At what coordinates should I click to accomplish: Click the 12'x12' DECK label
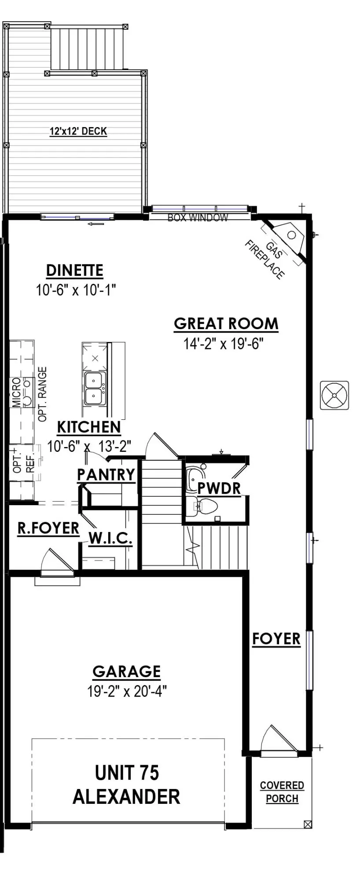pyautogui.click(x=78, y=131)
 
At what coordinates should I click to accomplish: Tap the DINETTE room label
pyautogui.click(x=75, y=270)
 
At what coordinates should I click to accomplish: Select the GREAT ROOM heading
pyautogui.click(x=226, y=324)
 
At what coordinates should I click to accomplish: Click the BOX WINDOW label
pyautogui.click(x=198, y=217)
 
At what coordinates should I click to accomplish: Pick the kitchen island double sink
pyautogui.click(x=95, y=388)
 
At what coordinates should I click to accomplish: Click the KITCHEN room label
pyautogui.click(x=89, y=427)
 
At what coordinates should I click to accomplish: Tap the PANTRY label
pyautogui.click(x=106, y=475)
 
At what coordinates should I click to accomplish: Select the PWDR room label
pyautogui.click(x=219, y=488)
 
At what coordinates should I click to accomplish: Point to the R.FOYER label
pyautogui.click(x=48, y=528)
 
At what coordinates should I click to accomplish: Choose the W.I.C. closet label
pyautogui.click(x=110, y=538)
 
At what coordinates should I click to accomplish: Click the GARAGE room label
pyautogui.click(x=127, y=671)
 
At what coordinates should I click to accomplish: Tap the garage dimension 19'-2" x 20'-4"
pyautogui.click(x=127, y=691)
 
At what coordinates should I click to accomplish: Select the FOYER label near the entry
pyautogui.click(x=276, y=639)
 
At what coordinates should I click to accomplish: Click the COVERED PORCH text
pyautogui.click(x=282, y=792)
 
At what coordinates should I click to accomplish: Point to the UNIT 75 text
pyautogui.click(x=127, y=773)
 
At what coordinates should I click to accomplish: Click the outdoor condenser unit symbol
pyautogui.click(x=334, y=395)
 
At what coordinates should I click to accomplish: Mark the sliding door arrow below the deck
pyautogui.click(x=96, y=224)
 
